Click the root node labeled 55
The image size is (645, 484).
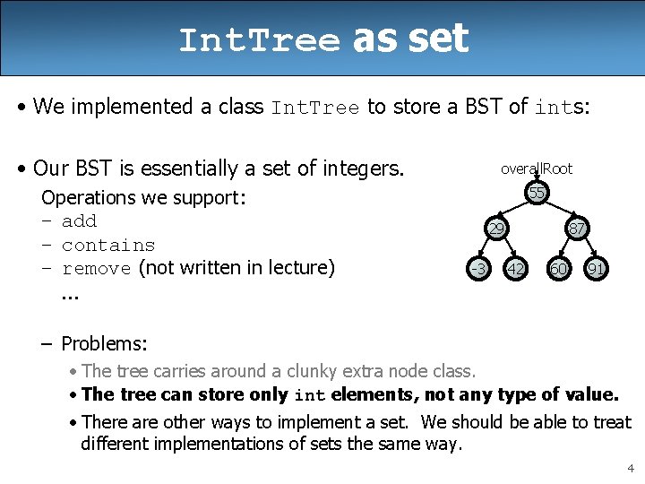point(537,194)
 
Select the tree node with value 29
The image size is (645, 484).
point(495,229)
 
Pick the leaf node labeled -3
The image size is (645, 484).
point(479,268)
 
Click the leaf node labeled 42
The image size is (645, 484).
point(515,268)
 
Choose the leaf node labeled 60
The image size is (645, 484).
point(558,268)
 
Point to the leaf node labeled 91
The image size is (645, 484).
point(595,268)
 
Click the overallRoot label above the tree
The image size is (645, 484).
point(537,169)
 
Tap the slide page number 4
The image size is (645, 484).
point(631,468)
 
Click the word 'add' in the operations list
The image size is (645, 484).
point(79,221)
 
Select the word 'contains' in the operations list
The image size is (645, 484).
point(108,245)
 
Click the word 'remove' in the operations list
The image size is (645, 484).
point(97,268)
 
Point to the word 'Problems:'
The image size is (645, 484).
point(104,343)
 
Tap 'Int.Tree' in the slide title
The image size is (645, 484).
point(260,40)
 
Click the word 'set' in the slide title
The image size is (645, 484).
point(437,39)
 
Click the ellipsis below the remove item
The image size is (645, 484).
point(71,293)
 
